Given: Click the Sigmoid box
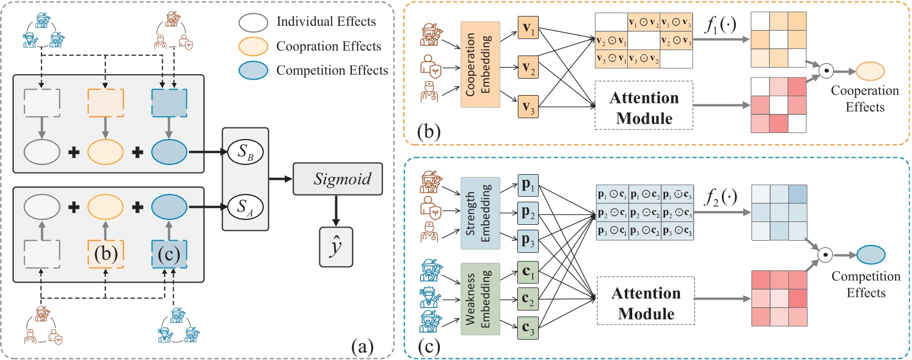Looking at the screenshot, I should pyautogui.click(x=338, y=179).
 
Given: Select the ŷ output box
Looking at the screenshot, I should pyautogui.click(x=336, y=247).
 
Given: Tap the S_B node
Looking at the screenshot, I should pyautogui.click(x=245, y=152).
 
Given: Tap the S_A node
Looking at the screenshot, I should pyautogui.click(x=245, y=207).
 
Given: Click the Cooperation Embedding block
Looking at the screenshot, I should pyautogui.click(x=480, y=64).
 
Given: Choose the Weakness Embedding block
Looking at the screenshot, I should pyautogui.click(x=480, y=299).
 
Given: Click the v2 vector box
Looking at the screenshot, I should pyautogui.click(x=528, y=68).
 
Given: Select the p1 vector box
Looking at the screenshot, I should pyautogui.click(x=528, y=185).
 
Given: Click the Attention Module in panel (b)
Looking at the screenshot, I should pyautogui.click(x=644, y=108).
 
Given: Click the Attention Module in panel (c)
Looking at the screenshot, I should pyautogui.click(x=646, y=303).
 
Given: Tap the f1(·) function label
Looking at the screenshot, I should pyautogui.click(x=721, y=25).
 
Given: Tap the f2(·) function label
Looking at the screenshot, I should pyautogui.click(x=721, y=196).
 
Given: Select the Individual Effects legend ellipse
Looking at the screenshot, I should pyautogui.click(x=253, y=22).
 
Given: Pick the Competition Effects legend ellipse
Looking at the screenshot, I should pyautogui.click(x=253, y=70).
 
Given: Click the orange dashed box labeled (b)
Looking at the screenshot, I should pyautogui.click(x=106, y=254).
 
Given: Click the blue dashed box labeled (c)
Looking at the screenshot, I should pyautogui.click(x=169, y=254).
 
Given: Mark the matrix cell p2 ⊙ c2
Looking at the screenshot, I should pyautogui.click(x=644, y=213).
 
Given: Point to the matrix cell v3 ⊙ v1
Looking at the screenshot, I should pyautogui.click(x=611, y=59).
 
